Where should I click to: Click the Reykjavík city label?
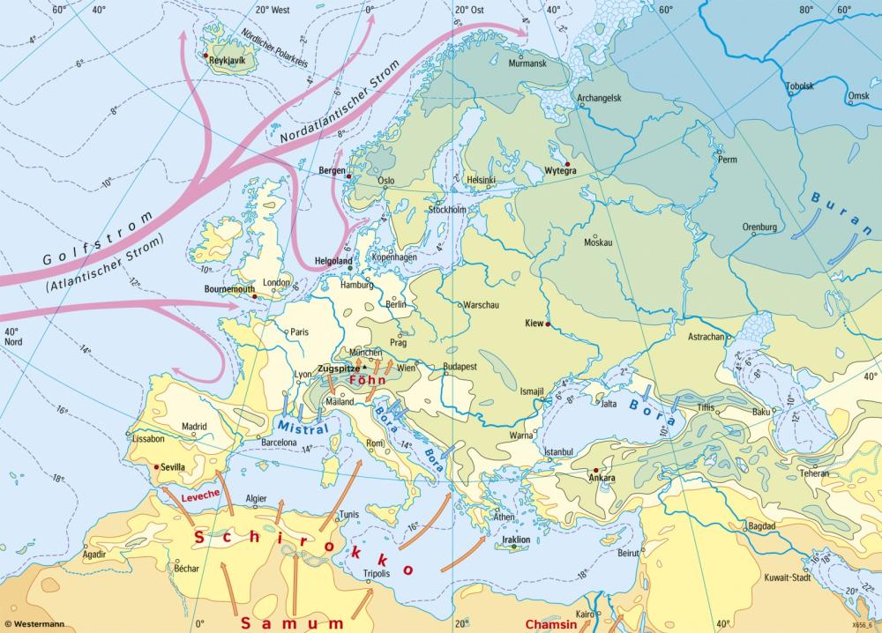[227, 63]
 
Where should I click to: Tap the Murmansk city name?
[528, 64]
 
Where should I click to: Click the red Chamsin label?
[553, 623]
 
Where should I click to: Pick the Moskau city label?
[597, 242]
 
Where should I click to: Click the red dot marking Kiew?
[548, 324]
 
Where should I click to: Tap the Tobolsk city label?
[800, 86]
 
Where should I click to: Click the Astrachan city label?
[706, 337]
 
